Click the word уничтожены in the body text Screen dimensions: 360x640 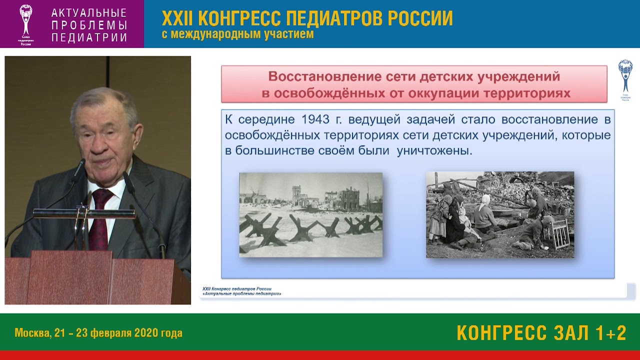[434, 151]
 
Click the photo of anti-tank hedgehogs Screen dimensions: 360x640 [310, 215]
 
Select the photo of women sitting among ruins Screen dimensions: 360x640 [499, 215]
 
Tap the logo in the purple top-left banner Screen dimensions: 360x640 [25, 24]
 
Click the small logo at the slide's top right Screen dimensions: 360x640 [625, 80]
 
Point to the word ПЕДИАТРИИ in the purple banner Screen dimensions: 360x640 [89, 37]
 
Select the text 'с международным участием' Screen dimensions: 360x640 [237, 34]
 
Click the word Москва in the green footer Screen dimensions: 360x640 [32, 333]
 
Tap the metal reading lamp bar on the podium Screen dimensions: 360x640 [83, 213]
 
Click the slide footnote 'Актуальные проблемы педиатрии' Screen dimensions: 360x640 [242, 293]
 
